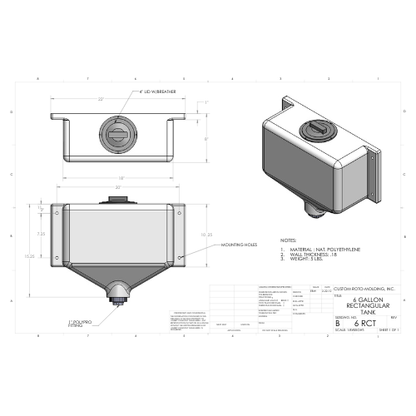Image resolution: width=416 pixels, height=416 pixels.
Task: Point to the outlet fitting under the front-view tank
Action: (116, 293)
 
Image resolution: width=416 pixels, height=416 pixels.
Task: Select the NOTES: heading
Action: (289, 240)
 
